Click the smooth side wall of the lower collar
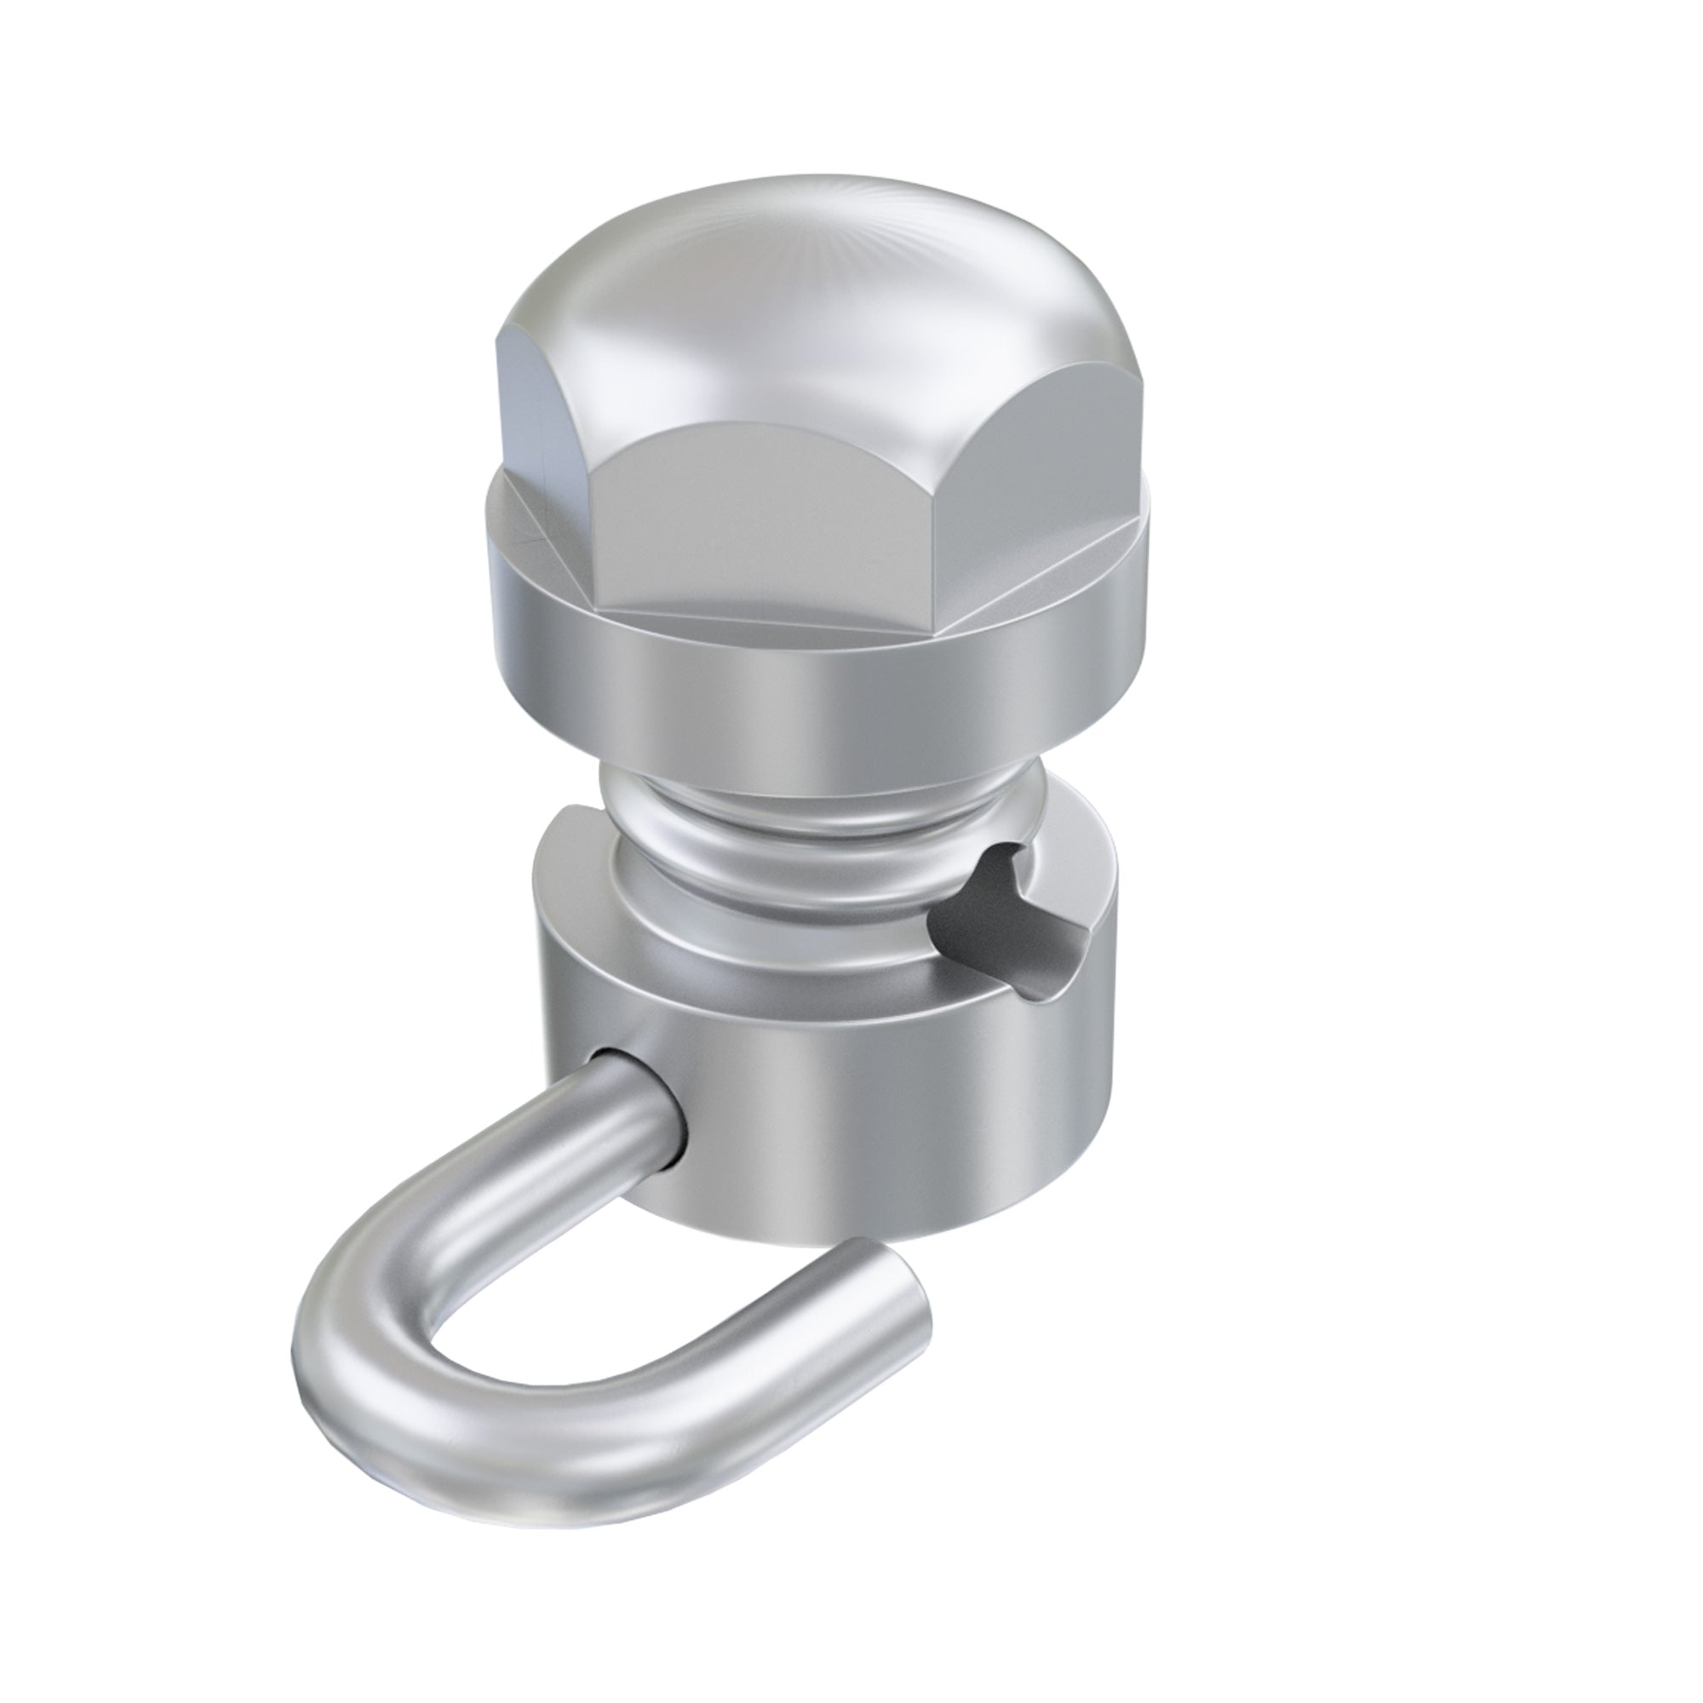[881, 1110]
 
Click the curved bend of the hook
[353, 1322]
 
